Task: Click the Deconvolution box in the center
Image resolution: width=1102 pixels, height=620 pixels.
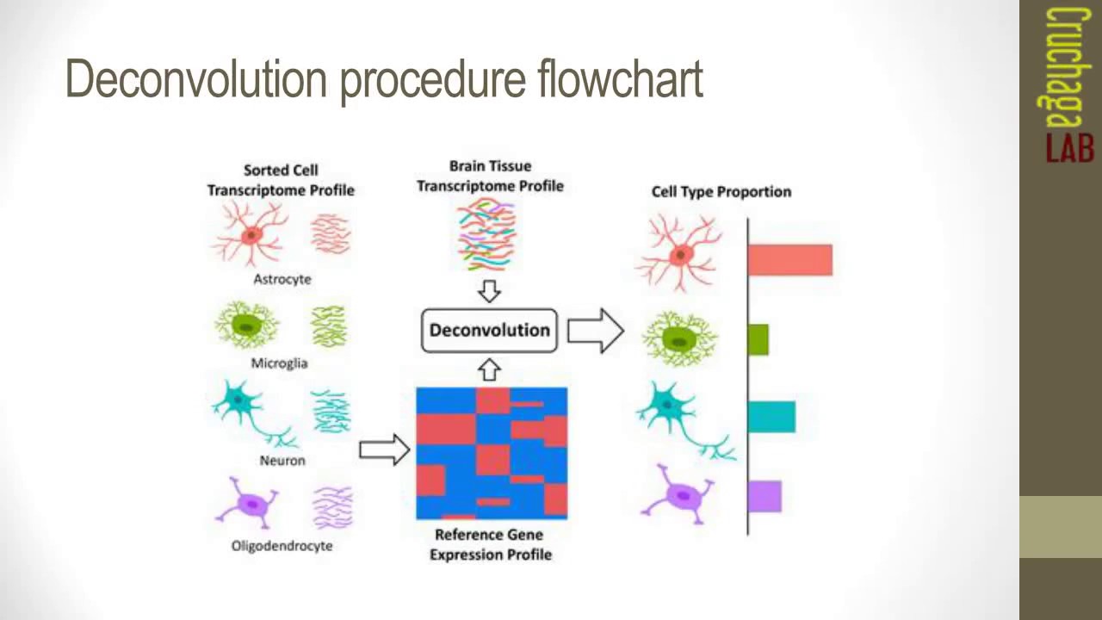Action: pyautogui.click(x=489, y=331)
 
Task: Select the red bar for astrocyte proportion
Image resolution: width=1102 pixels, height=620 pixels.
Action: pyautogui.click(x=789, y=260)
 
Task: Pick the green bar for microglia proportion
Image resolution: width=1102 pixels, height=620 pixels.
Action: pyautogui.click(x=758, y=339)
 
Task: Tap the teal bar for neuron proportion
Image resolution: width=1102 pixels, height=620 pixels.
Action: pyautogui.click(x=771, y=417)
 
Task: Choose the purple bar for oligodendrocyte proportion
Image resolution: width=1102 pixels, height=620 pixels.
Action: pyautogui.click(x=765, y=497)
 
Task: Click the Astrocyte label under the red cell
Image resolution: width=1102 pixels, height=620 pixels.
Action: pyautogui.click(x=282, y=280)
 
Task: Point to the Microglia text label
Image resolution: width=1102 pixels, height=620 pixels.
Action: pyautogui.click(x=279, y=363)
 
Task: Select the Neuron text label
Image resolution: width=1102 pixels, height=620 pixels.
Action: pyautogui.click(x=282, y=461)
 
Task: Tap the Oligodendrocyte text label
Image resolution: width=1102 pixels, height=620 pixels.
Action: pyautogui.click(x=282, y=546)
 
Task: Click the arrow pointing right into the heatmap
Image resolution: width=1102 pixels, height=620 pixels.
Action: pyautogui.click(x=384, y=449)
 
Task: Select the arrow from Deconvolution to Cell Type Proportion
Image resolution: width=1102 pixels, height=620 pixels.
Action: pyautogui.click(x=595, y=331)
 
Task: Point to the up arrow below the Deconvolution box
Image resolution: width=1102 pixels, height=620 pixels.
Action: pyautogui.click(x=489, y=370)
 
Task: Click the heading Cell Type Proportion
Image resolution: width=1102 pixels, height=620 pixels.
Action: pyautogui.click(x=721, y=192)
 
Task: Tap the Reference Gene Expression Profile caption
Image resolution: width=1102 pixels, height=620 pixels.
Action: pyautogui.click(x=491, y=545)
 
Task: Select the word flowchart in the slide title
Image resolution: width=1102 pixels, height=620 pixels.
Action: pyautogui.click(x=620, y=79)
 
